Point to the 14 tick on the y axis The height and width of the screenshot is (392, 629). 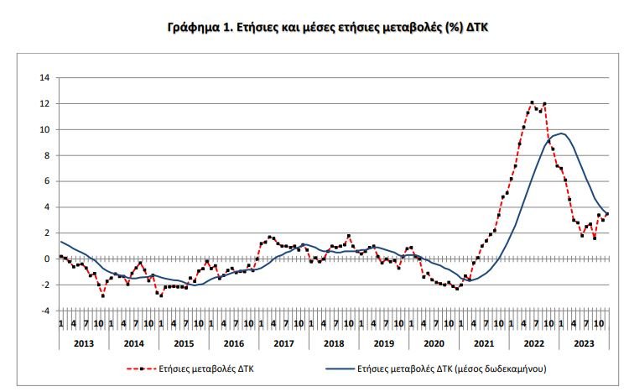[44, 78]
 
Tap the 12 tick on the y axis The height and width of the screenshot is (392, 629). [44, 104]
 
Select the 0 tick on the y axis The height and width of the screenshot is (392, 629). [47, 259]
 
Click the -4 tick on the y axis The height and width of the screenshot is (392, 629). [44, 311]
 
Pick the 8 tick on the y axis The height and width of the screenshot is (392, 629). [47, 155]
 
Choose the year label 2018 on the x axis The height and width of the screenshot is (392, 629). [333, 343]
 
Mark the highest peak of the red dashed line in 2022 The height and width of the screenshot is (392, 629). [532, 102]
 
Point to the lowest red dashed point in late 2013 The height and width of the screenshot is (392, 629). [103, 295]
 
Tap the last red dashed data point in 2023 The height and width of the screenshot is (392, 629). [606, 214]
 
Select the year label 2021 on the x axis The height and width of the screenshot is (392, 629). [483, 343]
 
